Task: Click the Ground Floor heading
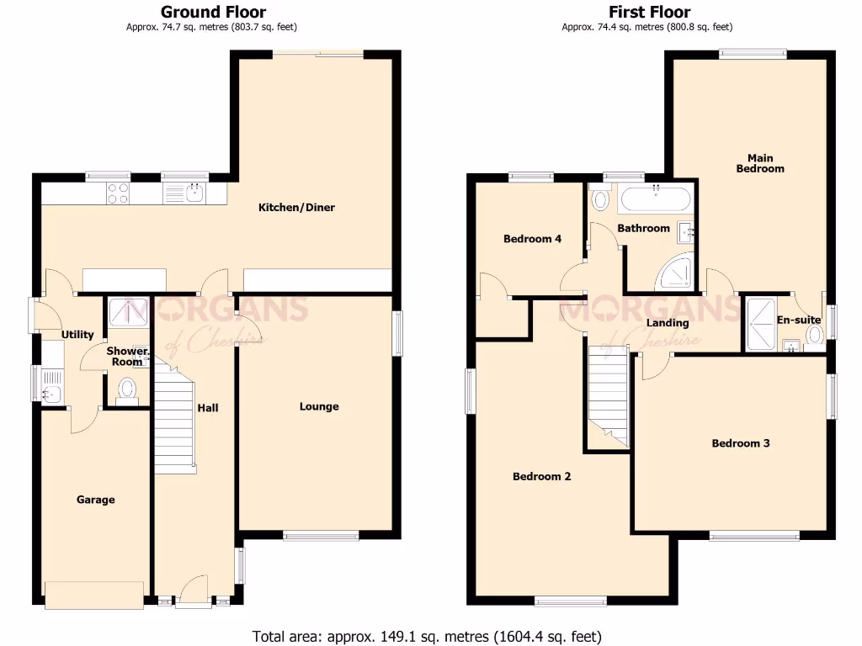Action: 213,12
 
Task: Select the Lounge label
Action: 319,406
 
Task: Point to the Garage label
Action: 96,500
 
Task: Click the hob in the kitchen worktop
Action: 118,193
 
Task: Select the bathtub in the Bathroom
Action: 656,201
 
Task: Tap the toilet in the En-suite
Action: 814,336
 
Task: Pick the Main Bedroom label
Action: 759,163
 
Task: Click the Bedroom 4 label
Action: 532,239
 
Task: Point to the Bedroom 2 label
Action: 542,476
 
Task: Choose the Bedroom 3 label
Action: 740,443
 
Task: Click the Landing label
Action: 667,323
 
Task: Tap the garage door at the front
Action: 94,595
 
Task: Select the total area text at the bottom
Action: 427,636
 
